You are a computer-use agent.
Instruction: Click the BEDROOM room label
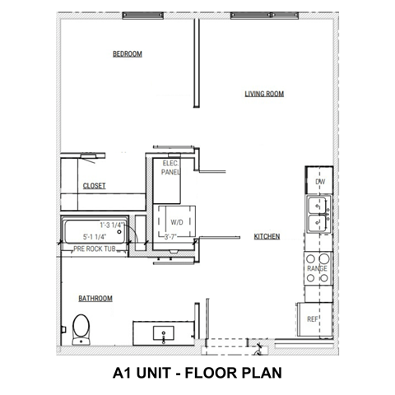128,54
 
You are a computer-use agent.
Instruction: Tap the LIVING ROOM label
264,94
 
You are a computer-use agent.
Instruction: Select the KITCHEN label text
267,236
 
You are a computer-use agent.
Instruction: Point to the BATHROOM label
95,298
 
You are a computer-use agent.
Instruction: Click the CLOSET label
95,186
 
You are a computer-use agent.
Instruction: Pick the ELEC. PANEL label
171,169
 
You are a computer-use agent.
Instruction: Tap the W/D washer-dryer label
177,222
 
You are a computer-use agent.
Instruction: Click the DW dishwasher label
320,182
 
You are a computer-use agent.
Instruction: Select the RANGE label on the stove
318,269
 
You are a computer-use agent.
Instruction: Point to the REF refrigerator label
313,318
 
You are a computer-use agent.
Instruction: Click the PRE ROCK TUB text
94,248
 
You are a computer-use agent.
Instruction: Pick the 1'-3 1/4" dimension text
112,224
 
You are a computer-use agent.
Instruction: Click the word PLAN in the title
263,372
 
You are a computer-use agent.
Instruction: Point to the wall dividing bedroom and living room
197,62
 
